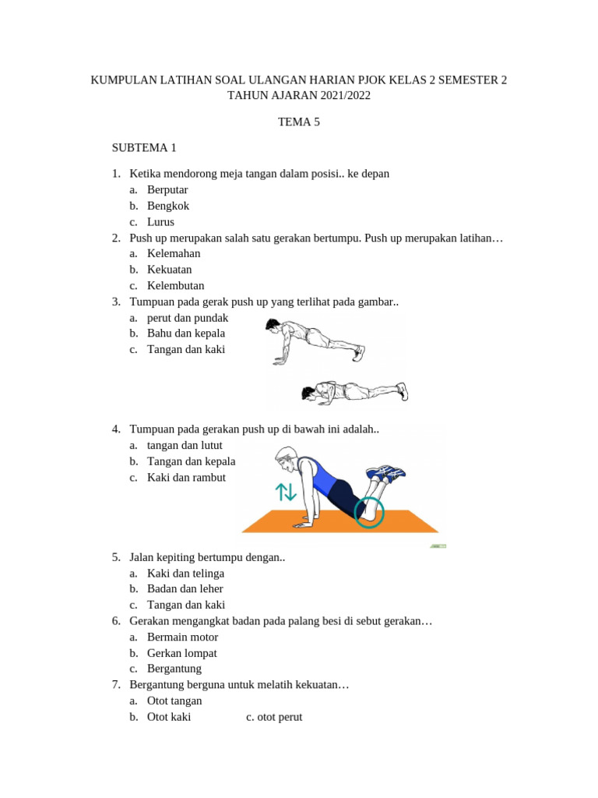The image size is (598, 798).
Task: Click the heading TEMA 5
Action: coord(299,122)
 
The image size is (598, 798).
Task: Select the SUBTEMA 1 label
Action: coord(144,147)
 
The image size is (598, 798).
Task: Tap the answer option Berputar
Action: coord(167,189)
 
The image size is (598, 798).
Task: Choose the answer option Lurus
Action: coord(160,221)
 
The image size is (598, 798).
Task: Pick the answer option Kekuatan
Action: coord(169,270)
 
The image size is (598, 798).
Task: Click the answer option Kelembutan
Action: coord(175,285)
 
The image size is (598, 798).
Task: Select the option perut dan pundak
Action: coord(188,318)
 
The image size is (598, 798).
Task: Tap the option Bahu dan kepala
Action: coord(186,334)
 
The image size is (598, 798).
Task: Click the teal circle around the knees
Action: coord(369,511)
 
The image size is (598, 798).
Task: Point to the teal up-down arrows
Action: coord(286,493)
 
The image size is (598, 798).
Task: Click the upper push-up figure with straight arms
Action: coord(315,341)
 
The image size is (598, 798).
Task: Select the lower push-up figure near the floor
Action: coord(354,393)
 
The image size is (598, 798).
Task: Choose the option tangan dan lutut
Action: coord(185,445)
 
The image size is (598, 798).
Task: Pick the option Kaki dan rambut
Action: coord(186,477)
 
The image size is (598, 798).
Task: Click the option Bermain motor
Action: coord(182,637)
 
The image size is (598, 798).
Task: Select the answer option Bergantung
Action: coord(174,669)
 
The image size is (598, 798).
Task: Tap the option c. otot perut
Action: coord(274,717)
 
